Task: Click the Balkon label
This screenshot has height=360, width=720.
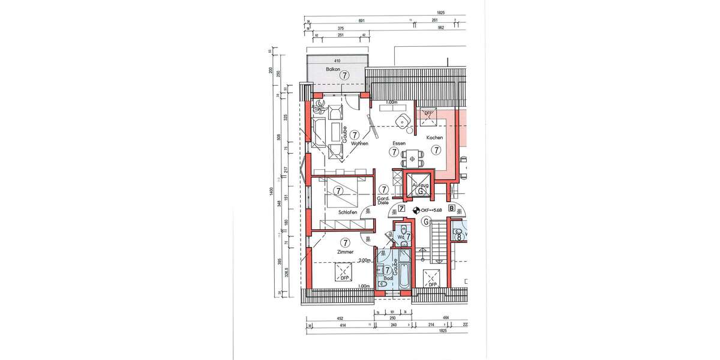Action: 333,70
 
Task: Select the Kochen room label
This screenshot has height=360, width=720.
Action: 434,137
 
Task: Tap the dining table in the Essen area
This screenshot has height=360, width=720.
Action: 412,159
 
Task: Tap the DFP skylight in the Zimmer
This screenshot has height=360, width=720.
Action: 344,274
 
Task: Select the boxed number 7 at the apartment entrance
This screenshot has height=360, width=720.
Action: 401,209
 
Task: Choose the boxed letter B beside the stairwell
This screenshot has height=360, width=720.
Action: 460,209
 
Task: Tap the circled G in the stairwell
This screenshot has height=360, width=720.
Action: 426,222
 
